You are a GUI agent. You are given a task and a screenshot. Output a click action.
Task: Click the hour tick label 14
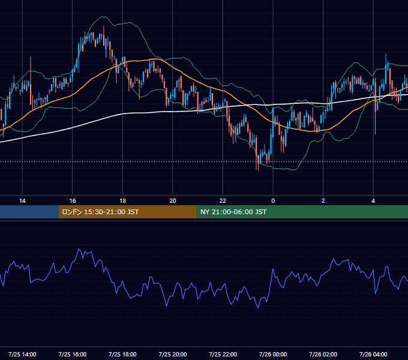pos(22,201)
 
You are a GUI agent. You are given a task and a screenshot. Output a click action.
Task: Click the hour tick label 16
pos(73,201)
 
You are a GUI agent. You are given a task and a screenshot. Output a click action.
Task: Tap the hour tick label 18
pos(122,201)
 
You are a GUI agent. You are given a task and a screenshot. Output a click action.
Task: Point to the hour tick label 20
pos(173,201)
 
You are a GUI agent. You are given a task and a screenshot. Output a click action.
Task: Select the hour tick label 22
pos(223,201)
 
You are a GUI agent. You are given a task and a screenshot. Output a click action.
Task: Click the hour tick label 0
pos(273,201)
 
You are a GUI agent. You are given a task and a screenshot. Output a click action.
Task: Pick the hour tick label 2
pos(323,201)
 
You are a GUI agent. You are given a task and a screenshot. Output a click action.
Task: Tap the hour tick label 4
pos(373,201)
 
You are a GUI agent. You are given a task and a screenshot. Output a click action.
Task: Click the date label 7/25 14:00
pos(22,354)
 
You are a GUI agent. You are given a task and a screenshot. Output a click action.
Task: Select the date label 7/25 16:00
pos(73,354)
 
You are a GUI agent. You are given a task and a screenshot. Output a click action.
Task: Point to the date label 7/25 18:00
pos(122,354)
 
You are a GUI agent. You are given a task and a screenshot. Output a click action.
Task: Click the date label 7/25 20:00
pos(173,354)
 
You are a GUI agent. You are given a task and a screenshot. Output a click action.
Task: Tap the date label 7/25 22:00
pos(223,354)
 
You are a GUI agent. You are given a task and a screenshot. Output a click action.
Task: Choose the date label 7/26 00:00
pos(273,354)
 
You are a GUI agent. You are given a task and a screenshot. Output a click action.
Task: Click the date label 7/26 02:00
pos(323,354)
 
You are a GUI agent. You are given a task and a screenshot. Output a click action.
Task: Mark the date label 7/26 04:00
pos(373,354)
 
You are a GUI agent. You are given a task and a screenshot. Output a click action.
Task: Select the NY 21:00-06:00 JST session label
pos(233,212)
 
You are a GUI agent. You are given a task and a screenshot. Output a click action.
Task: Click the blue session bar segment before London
pos(29,212)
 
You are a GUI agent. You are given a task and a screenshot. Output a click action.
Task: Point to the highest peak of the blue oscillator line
pos(79,249)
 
